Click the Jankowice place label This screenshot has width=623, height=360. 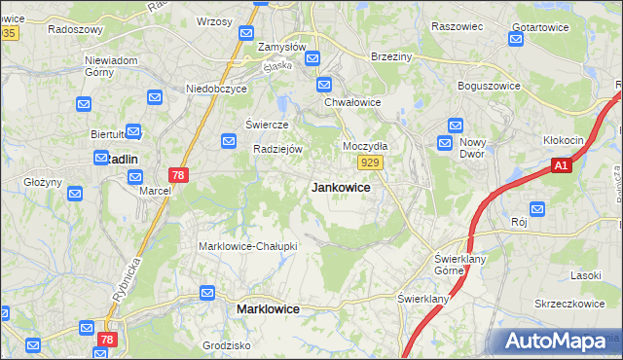[340, 187]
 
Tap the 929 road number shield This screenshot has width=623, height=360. [368, 163]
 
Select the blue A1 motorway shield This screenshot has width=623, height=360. [561, 167]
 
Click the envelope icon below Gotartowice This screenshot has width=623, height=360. [517, 40]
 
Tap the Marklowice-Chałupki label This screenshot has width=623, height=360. [247, 246]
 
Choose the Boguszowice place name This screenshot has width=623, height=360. [493, 86]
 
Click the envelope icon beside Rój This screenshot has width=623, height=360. [536, 208]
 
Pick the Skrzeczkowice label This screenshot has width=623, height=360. [570, 304]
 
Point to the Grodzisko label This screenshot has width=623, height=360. [227, 345]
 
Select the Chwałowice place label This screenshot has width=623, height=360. [352, 101]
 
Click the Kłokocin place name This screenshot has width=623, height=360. [563, 140]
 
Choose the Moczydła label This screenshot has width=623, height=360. [365, 145]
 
